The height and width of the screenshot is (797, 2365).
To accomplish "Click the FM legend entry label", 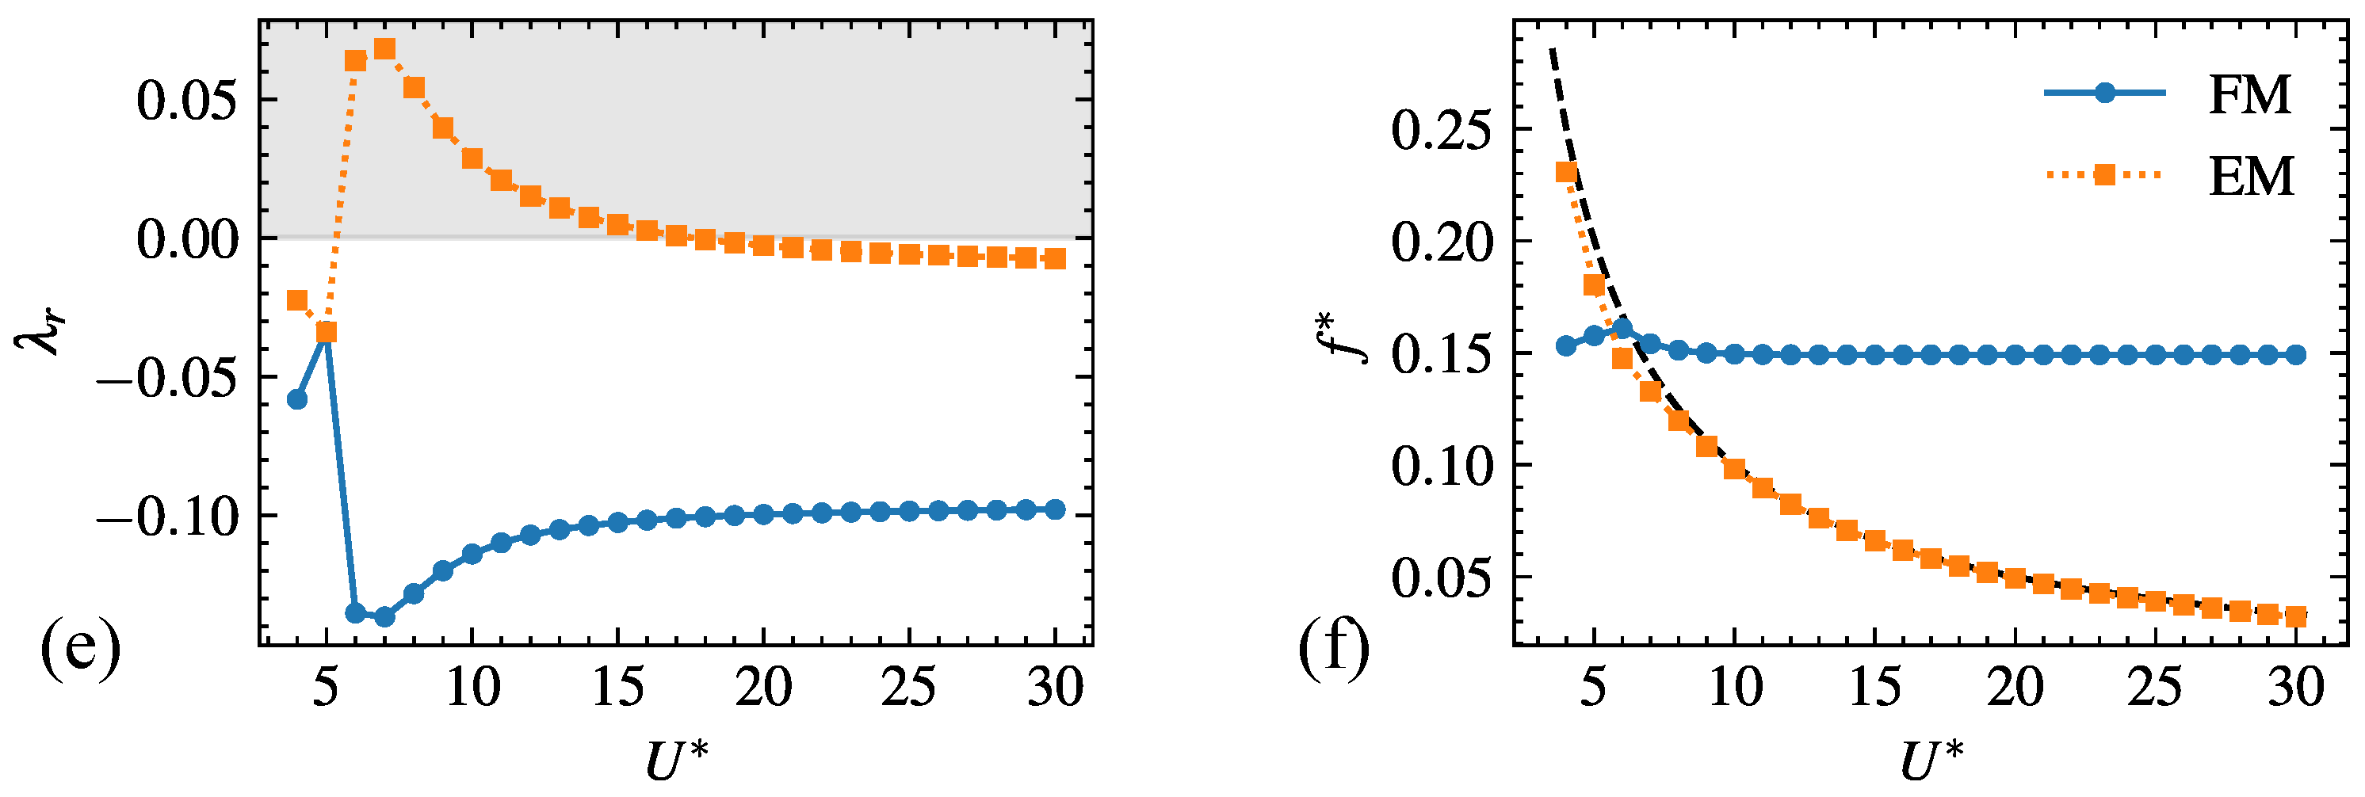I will (x=2249, y=96).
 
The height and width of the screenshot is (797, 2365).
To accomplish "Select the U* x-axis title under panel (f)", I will (x=1931, y=761).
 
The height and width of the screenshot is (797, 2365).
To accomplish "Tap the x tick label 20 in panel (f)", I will (x=2015, y=687).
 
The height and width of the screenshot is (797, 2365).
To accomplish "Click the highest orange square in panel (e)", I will (x=384, y=48).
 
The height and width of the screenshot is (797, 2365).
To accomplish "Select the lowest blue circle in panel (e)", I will (x=384, y=617).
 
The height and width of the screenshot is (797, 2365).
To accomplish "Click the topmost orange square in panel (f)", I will (x=1566, y=173).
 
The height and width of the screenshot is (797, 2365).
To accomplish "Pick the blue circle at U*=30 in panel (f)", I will (x=2295, y=354).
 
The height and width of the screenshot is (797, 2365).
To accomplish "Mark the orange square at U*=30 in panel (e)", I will (x=1056, y=259).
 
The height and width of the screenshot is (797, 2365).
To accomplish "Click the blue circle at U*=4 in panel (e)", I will (x=297, y=399).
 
